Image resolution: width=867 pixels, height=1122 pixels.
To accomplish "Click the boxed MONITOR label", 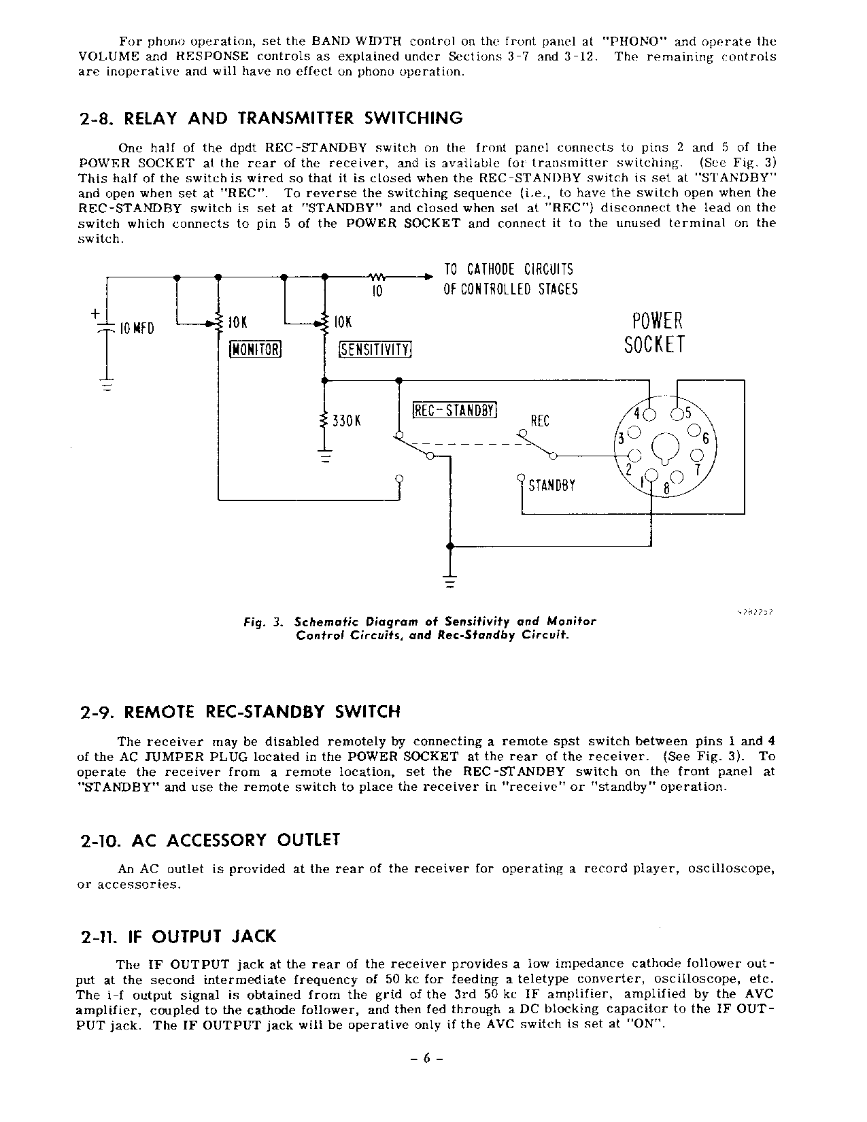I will [256, 349].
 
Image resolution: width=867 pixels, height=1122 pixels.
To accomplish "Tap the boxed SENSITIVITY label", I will [375, 349].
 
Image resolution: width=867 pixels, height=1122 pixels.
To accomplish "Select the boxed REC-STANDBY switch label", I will [456, 411].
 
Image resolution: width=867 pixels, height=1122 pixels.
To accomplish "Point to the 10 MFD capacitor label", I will [137, 329].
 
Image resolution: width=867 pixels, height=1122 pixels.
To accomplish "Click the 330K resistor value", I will [345, 421].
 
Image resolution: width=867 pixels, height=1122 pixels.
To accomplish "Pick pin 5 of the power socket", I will [677, 414].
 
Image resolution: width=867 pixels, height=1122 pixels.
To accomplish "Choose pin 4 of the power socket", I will [650, 414].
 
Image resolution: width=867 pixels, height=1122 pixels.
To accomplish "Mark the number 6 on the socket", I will [705, 439].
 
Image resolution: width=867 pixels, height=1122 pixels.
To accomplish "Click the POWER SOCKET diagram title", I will [654, 333].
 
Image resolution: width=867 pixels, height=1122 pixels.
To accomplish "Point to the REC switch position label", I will [539, 421].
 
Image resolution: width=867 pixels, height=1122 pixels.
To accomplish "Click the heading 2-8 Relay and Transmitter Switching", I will [271, 118].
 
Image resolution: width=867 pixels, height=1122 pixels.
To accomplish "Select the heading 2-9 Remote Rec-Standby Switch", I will [240, 712].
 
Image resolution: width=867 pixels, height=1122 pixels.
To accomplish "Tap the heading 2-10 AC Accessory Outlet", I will [209, 840].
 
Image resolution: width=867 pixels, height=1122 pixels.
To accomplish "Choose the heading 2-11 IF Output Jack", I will [177, 936].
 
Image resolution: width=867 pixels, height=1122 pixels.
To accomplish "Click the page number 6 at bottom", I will [428, 1058].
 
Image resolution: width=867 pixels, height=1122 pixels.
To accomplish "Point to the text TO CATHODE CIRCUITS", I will [508, 269].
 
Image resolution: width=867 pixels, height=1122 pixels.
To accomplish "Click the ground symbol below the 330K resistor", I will [325, 458].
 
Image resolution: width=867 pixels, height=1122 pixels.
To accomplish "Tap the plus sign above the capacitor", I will [95, 313].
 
